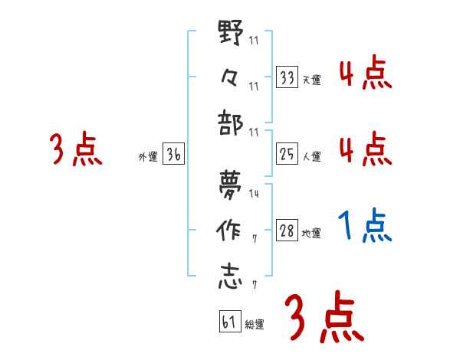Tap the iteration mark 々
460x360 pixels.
tap(231, 77)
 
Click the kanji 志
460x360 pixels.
tap(231, 276)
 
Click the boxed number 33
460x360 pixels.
tap(287, 77)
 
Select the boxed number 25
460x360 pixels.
tap(287, 155)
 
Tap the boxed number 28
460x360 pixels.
tap(287, 231)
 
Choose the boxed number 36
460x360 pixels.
tap(173, 155)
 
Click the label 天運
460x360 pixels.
tap(311, 80)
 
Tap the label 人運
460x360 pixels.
tap(311, 157)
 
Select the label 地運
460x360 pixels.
tap(311, 234)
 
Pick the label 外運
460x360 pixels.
tap(147, 157)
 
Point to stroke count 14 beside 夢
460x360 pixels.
tap(254, 195)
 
